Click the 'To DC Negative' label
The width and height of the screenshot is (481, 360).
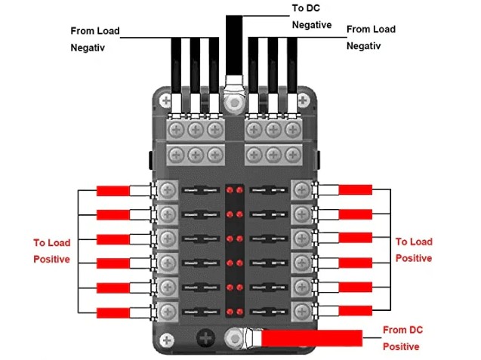point(312,17)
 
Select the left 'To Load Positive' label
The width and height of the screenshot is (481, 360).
point(51,251)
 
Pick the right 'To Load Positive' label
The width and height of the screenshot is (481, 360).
point(414,250)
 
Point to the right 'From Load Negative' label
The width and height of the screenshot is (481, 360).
point(371,37)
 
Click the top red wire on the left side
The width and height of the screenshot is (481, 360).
point(113,189)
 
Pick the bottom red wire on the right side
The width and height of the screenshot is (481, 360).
point(356,310)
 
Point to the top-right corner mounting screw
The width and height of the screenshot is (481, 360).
point(304,97)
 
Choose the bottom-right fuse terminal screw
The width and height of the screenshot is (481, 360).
point(302,309)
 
